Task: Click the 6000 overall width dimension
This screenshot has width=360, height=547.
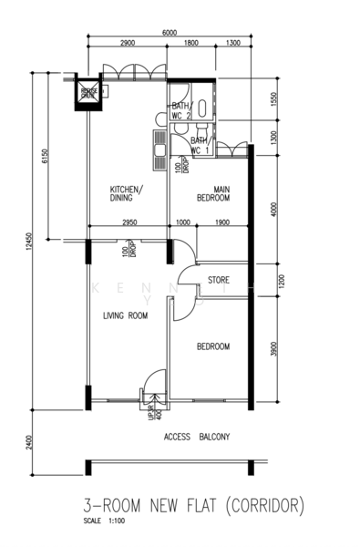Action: (170, 33)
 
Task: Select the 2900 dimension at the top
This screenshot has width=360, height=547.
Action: (128, 44)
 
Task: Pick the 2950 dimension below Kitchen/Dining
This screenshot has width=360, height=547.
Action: (129, 222)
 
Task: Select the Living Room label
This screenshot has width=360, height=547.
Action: (125, 315)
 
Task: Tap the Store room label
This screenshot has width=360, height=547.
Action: (218, 280)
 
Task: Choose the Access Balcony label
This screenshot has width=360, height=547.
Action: (197, 437)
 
